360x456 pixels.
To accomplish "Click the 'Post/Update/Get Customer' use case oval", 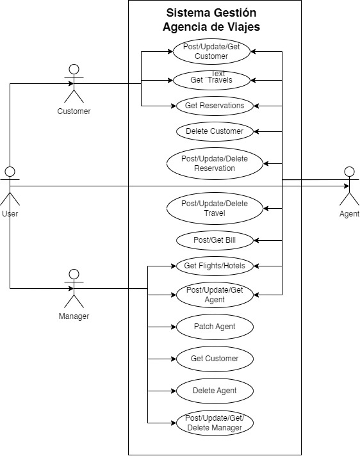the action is click(x=211, y=51).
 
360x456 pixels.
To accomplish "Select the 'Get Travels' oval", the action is click(x=211, y=80).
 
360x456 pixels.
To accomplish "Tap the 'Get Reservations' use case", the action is click(x=215, y=106).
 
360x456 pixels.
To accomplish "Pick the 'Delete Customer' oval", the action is click(x=215, y=131).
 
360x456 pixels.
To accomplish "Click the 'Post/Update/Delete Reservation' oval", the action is click(x=215, y=163).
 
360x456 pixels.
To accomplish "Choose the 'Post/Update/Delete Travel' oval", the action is click(x=215, y=208).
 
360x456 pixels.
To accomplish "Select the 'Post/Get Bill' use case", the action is click(x=215, y=240).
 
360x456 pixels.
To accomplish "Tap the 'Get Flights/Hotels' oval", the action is click(x=215, y=266).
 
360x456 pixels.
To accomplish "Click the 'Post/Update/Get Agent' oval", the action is click(x=215, y=295).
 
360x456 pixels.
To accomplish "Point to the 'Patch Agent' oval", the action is click(x=215, y=327).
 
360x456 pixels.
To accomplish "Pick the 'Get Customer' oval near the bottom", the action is click(x=215, y=359).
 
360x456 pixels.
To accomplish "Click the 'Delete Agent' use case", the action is click(x=215, y=391).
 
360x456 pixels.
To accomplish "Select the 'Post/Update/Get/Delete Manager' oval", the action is click(x=215, y=423).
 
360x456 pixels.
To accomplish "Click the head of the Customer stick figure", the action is click(x=74, y=69).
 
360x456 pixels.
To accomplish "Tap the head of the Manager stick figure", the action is click(x=74, y=274).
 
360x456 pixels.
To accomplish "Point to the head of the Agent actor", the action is click(x=349, y=172).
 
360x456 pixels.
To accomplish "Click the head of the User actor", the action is click(x=10, y=172).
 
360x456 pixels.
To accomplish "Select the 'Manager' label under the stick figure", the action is click(x=74, y=316).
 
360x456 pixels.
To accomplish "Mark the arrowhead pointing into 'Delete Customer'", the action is click(x=256, y=131).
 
